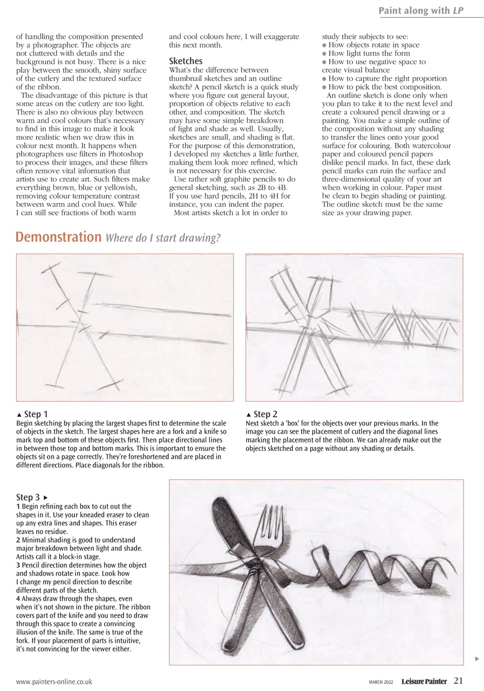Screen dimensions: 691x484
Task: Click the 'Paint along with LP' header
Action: click(x=420, y=11)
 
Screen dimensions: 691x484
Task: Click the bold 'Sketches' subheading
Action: click(x=186, y=61)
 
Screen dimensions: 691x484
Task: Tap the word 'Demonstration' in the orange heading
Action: click(x=58, y=237)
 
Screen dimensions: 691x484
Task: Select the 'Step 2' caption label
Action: click(x=265, y=414)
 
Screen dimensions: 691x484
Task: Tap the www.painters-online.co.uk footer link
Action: click(x=54, y=682)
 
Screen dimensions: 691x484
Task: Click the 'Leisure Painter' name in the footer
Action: click(x=424, y=681)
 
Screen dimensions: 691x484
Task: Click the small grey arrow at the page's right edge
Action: click(x=476, y=659)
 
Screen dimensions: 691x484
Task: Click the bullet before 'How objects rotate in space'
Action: click(x=324, y=45)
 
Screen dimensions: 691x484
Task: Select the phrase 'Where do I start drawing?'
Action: click(x=163, y=238)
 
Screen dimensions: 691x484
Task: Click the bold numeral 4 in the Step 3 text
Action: click(x=18, y=599)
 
